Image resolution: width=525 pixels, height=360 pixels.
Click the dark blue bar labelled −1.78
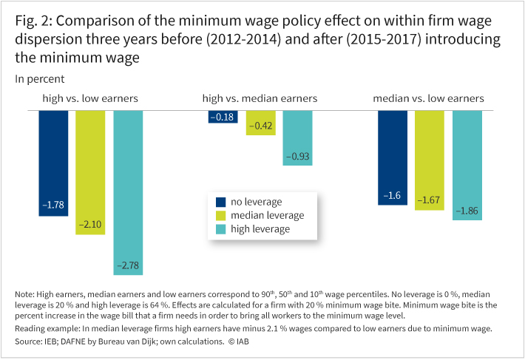52,163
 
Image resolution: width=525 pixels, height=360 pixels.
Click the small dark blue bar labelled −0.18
223,117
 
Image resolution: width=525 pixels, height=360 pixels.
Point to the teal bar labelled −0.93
297,137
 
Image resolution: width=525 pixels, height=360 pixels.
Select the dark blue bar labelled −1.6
393,157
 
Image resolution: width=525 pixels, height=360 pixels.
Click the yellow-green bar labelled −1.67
430,160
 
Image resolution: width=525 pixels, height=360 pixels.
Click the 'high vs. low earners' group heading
89,98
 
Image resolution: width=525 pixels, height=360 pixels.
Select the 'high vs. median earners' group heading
260,98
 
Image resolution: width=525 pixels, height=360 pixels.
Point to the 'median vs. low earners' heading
428,98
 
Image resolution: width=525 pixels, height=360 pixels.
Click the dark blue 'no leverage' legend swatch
220,201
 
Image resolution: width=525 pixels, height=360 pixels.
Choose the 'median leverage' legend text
268,215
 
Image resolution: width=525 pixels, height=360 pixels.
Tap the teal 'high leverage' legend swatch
220,229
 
